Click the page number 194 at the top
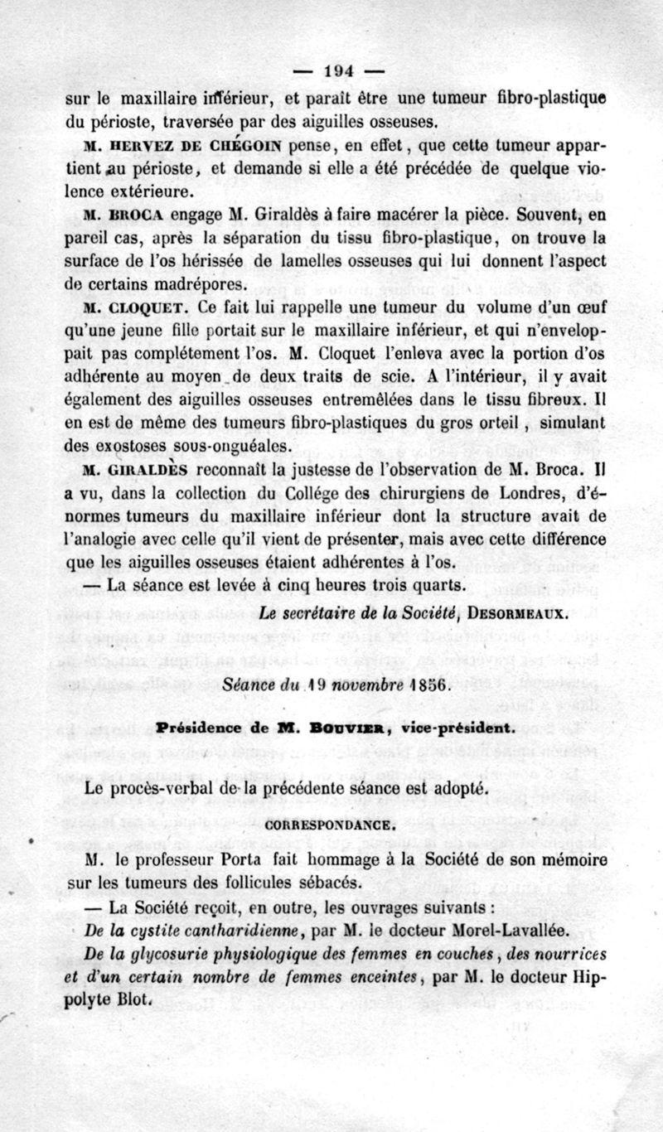(336, 70)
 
